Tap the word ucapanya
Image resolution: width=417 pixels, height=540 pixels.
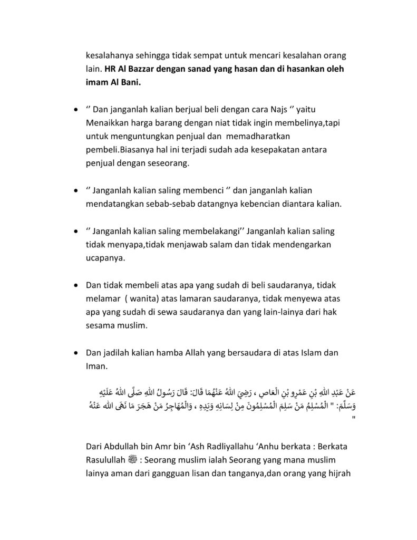(x=104, y=259)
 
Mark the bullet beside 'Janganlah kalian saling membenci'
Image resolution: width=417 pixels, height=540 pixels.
(x=77, y=191)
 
